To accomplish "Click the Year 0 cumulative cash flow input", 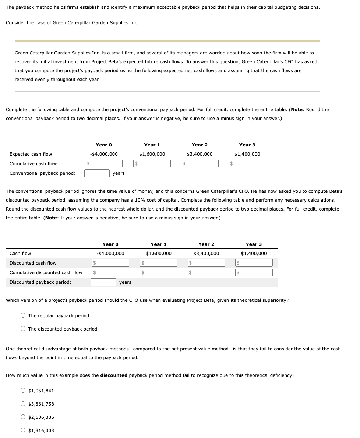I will (x=103, y=163).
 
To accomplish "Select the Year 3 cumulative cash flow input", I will (x=247, y=163).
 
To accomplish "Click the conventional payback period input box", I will (x=97, y=173).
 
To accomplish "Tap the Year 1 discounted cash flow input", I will (x=159, y=263).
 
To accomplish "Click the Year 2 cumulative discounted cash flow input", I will (x=207, y=272).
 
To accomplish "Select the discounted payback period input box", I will (x=104, y=282).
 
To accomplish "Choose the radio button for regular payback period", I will (x=23, y=315).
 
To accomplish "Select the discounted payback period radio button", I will (x=23, y=329).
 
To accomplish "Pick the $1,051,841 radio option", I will (x=23, y=391).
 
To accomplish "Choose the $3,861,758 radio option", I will (x=23, y=404).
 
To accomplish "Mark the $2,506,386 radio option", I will (x=23, y=417).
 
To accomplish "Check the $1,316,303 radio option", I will (x=23, y=430).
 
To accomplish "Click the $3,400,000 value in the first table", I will (x=200, y=154).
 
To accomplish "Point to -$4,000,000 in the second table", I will (x=110, y=253).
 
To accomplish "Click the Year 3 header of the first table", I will (x=247, y=145).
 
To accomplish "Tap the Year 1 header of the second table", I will (x=159, y=244).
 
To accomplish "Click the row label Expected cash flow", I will (x=31, y=154).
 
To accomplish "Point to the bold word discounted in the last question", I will (x=114, y=375).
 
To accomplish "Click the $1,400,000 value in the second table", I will (x=254, y=253).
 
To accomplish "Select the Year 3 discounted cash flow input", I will (x=254, y=263).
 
